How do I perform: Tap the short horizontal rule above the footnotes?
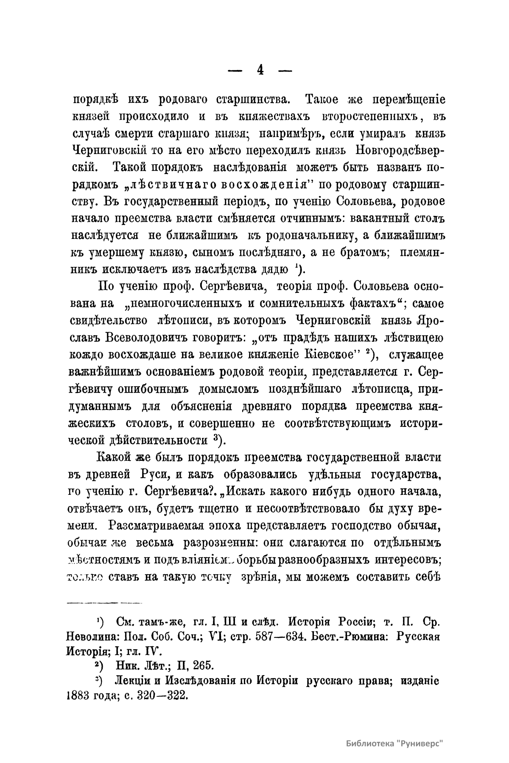(x=103, y=602)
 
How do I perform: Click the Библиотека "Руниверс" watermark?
(x=394, y=743)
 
